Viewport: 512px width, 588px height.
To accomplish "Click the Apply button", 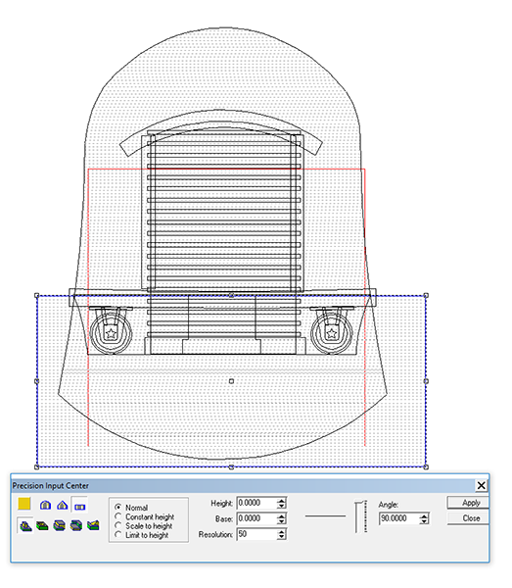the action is coord(468,503).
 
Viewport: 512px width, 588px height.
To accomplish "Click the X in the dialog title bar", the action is coord(481,486).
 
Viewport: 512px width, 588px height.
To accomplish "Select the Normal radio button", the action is coord(118,507).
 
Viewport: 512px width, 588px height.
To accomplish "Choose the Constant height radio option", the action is coord(118,516).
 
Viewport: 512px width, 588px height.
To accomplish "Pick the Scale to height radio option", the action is coord(118,525).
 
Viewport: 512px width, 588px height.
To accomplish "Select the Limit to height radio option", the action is coord(118,535).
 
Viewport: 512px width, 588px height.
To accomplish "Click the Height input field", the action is coord(256,503).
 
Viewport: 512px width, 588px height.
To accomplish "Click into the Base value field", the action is coord(256,518).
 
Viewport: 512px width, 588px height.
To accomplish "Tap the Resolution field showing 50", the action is coord(256,534).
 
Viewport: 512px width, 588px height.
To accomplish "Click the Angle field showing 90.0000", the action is coord(399,518).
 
